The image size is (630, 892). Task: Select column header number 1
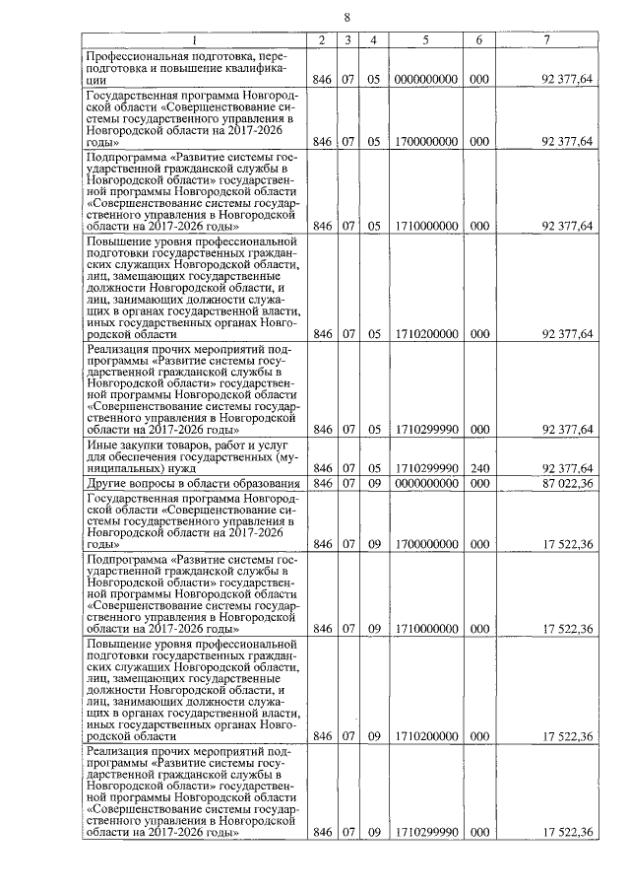(194, 39)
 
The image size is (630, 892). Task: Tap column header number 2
(321, 39)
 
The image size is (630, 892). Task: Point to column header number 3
(347, 39)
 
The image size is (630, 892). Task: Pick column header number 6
(478, 39)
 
